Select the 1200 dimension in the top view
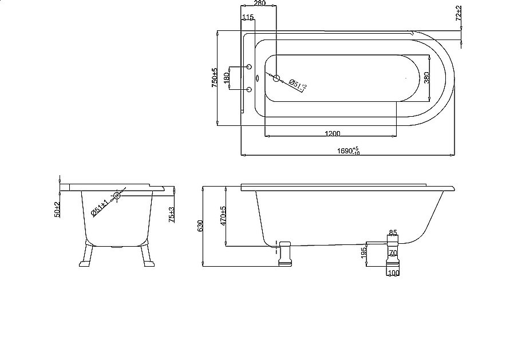pos(332,133)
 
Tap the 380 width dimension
pos(426,78)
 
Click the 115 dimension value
pos(248,18)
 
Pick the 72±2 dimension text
pos(458,13)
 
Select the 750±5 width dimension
pos(215,78)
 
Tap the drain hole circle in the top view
pos(276,78)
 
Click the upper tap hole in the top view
pos(249,68)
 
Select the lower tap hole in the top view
pos(249,89)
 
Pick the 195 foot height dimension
pos(364,253)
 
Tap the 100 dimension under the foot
pos(393,274)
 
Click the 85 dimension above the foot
pos(393,233)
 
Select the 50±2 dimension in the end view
pos(57,209)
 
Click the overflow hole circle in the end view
pos(117,196)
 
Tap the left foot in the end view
pos(87,256)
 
